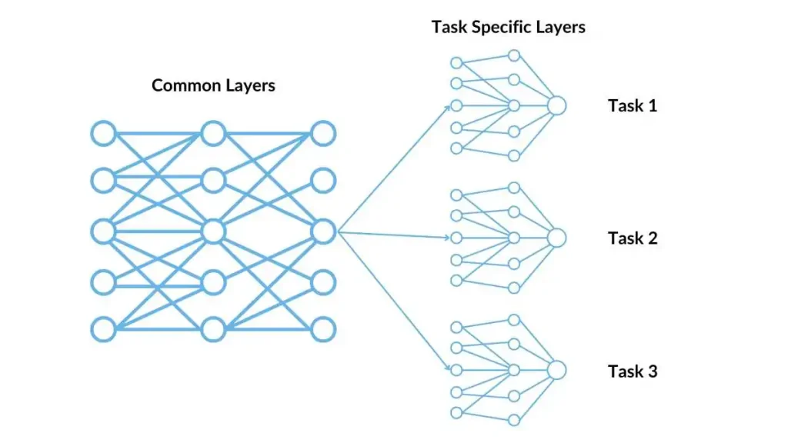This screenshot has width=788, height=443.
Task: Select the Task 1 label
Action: pyautogui.click(x=633, y=105)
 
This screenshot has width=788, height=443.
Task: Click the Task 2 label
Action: pyautogui.click(x=633, y=238)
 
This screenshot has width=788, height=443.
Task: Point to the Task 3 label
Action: pyautogui.click(x=633, y=371)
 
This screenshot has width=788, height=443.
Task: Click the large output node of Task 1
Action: pyautogui.click(x=556, y=105)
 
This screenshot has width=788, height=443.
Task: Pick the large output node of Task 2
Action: pyautogui.click(x=556, y=238)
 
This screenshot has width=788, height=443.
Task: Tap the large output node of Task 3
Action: pyautogui.click(x=556, y=370)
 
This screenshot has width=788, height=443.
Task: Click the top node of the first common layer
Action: pyautogui.click(x=103, y=133)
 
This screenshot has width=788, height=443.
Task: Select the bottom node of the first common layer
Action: pyautogui.click(x=103, y=329)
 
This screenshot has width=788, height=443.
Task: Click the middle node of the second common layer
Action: pyautogui.click(x=213, y=231)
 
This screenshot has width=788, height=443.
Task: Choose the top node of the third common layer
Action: pyautogui.click(x=323, y=133)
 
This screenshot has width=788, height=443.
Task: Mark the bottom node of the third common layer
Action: pyautogui.click(x=323, y=329)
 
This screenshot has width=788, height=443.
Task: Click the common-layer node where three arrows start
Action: pyautogui.click(x=323, y=231)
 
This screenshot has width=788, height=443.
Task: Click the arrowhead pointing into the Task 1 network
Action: pyautogui.click(x=448, y=108)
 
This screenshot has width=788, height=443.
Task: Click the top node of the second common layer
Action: pyautogui.click(x=213, y=133)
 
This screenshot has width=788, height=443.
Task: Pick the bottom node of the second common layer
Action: pyautogui.click(x=213, y=329)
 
